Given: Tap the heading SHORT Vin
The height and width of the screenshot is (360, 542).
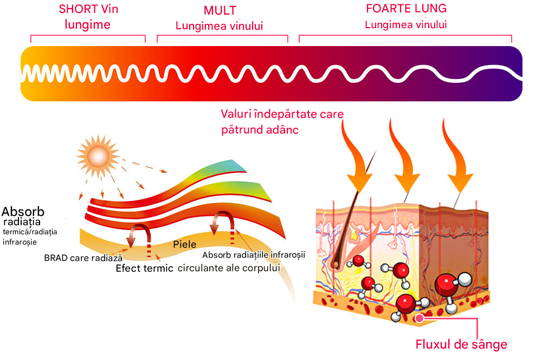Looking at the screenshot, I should tap(88, 9).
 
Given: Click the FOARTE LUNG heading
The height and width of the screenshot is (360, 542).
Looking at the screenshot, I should tap(406, 9).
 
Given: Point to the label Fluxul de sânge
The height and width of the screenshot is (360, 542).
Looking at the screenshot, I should tap(461, 344).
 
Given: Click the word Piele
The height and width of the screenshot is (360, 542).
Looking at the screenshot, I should tap(184, 244).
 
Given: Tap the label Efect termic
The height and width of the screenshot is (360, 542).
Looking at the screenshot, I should tap(145, 268).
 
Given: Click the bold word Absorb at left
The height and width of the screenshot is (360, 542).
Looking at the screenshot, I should tap(23, 211).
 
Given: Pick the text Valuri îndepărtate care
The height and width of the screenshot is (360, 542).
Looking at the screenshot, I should tap(282, 114).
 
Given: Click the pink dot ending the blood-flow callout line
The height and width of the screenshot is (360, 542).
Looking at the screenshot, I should tap(420, 318).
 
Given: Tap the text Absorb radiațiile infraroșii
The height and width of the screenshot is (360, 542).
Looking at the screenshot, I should tap(254, 254).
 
